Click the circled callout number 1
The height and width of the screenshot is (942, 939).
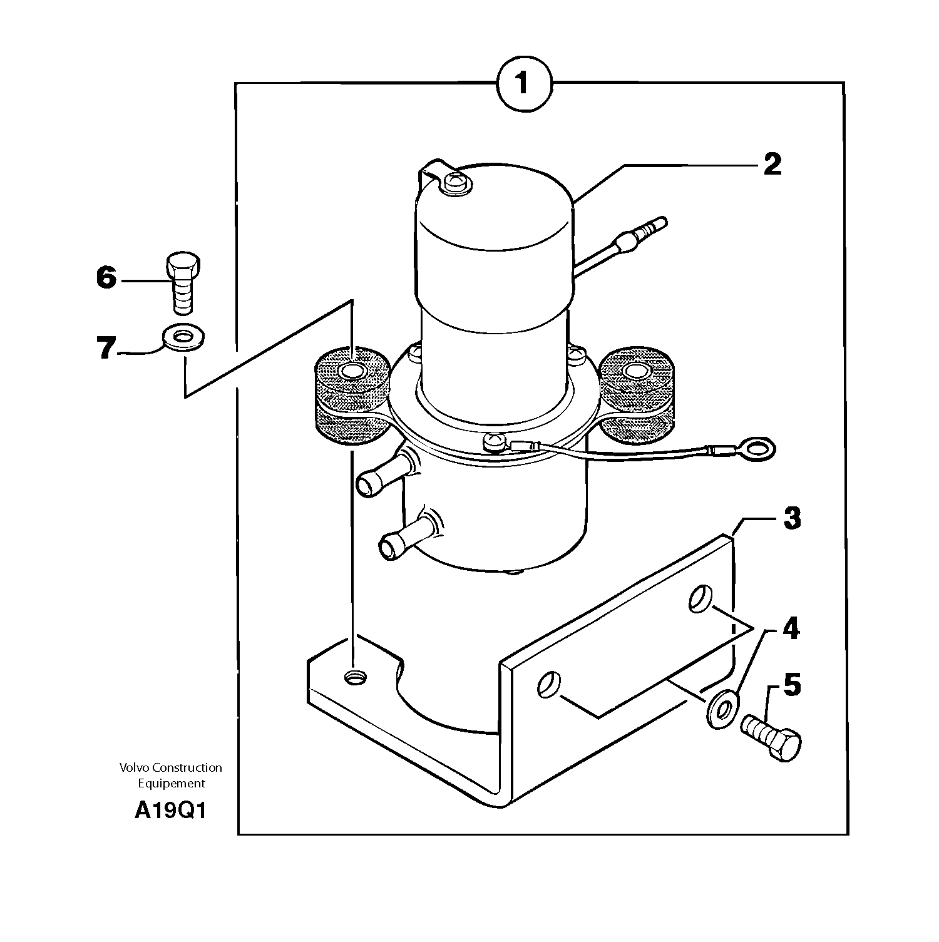click(524, 83)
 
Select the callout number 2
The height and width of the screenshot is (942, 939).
click(772, 165)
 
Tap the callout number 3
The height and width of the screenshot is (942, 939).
click(792, 518)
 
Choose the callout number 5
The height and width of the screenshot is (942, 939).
click(792, 685)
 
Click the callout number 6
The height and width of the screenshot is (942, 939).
click(106, 277)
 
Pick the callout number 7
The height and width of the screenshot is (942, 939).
click(106, 348)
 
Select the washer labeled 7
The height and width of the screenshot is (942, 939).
click(185, 339)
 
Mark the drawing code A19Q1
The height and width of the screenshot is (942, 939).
click(170, 811)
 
